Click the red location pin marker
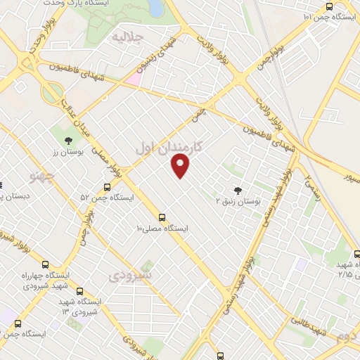181,166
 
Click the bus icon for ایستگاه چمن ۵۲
107,187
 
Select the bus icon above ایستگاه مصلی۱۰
162,217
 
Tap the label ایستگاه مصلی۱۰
162,229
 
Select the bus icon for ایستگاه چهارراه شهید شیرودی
46,265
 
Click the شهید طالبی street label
307,322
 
